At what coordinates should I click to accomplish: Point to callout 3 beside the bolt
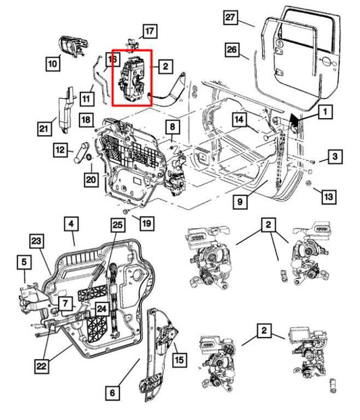coord(335,157)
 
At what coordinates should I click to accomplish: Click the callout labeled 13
coord(328,196)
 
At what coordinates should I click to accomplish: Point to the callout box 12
coord(61,150)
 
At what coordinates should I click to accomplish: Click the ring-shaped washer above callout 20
coord(90,159)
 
